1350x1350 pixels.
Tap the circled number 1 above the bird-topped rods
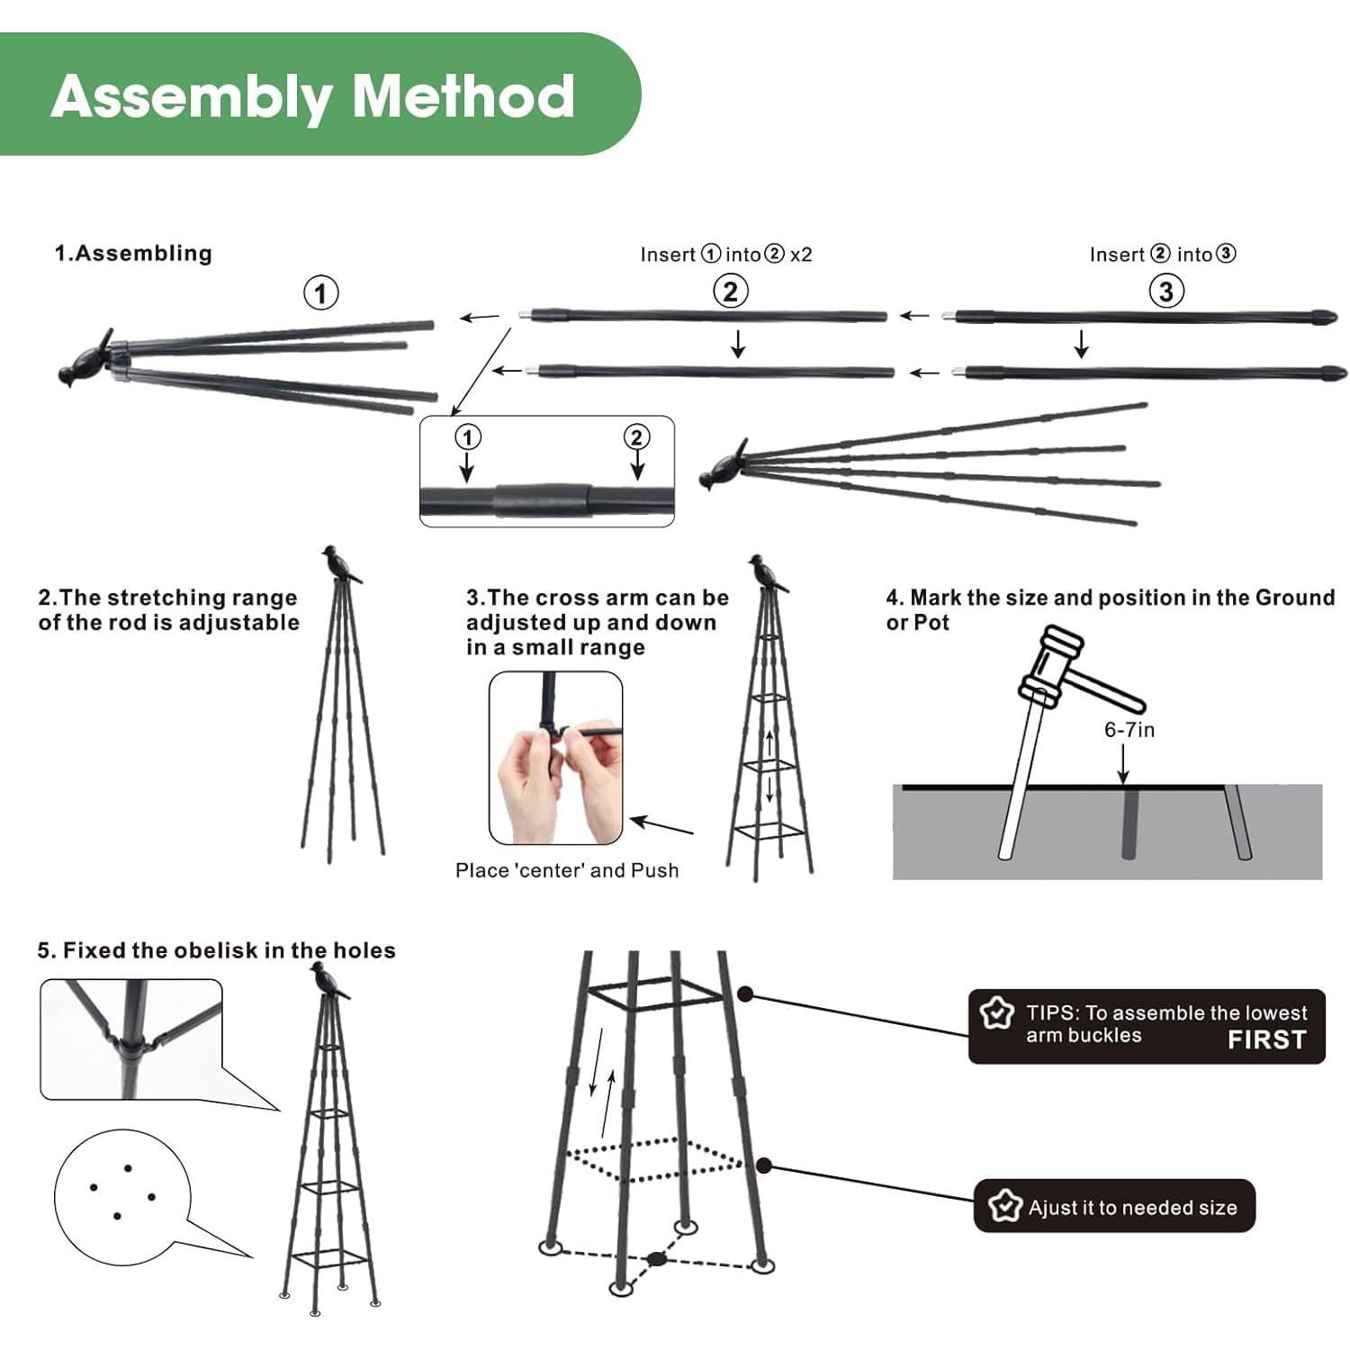[320, 293]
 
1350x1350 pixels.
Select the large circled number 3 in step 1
[1165, 291]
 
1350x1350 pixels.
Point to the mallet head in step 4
[1049, 662]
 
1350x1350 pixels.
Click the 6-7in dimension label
[1129, 730]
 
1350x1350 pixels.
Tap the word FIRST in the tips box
[1266, 1039]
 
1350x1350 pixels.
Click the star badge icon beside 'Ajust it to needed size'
[1004, 1205]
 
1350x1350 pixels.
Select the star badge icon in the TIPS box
[996, 1013]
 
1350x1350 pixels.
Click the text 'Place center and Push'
[566, 870]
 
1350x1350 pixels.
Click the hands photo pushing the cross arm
[555, 758]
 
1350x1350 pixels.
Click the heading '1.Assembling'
[133, 253]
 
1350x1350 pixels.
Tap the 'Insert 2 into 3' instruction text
[1162, 255]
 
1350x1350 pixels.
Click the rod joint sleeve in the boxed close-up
[542, 499]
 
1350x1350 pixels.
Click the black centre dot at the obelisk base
[657, 1258]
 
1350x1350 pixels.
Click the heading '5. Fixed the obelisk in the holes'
[216, 950]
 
